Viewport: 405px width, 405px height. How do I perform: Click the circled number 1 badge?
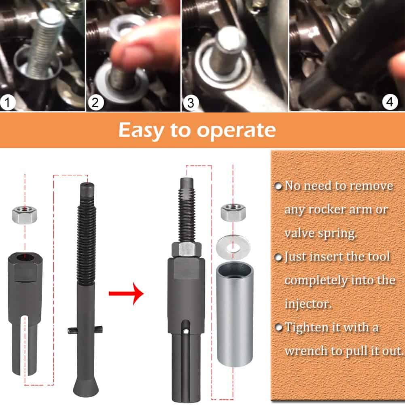point(8,102)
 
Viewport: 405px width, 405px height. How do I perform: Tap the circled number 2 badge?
point(95,102)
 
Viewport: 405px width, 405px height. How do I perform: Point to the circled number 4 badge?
point(390,102)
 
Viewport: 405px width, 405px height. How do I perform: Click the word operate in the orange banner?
point(236,131)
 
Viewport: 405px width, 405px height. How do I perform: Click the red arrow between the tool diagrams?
point(126,294)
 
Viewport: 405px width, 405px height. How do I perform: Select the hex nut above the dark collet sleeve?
point(25,215)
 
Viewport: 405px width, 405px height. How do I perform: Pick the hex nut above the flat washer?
point(233,212)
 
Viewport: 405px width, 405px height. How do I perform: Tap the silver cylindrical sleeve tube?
point(235,314)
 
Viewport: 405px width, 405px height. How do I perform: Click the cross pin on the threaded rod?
point(85,330)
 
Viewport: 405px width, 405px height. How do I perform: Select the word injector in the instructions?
point(308,304)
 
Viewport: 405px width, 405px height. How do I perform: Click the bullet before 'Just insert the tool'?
point(278,257)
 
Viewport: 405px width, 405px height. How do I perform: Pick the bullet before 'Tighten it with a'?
point(278,327)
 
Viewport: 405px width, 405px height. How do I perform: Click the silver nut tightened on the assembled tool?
point(186,250)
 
